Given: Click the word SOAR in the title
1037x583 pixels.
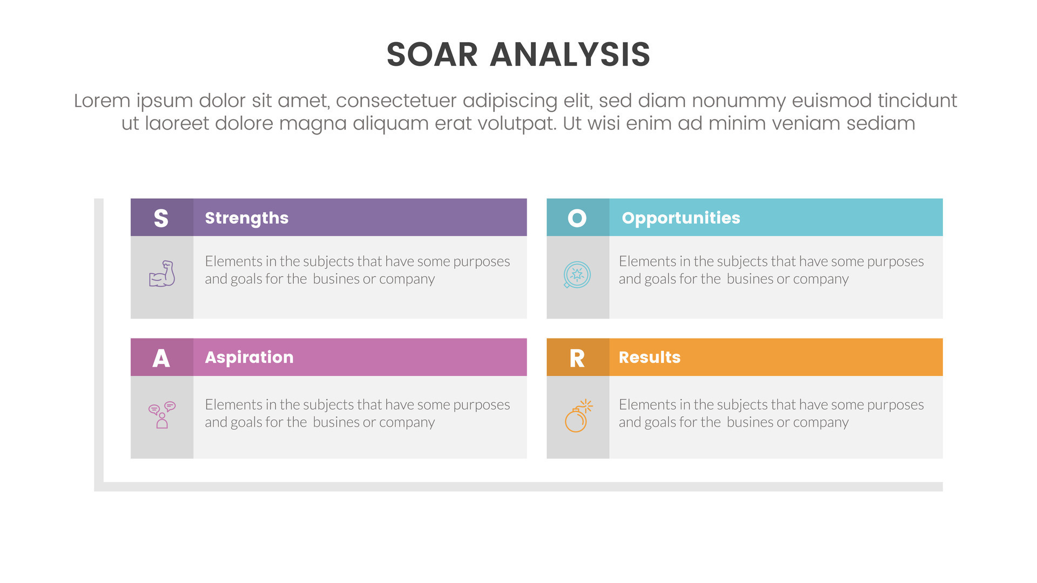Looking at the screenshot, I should click(432, 55).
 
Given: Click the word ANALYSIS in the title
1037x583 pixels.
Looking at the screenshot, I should click(570, 55).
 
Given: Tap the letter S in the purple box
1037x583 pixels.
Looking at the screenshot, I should click(161, 218).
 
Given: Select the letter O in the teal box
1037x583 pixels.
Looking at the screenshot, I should click(577, 218).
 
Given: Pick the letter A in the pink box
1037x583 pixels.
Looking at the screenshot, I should click(161, 358).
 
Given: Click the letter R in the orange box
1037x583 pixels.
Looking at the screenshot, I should click(577, 358).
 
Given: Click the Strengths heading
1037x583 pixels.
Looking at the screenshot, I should click(246, 218).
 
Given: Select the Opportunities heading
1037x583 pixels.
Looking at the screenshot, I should click(681, 218).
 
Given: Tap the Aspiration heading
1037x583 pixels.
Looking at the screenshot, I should click(249, 357).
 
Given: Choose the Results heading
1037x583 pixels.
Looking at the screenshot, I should click(649, 357).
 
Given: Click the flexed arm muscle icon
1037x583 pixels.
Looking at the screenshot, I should click(162, 274).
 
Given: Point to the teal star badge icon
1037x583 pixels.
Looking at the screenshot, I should click(577, 275).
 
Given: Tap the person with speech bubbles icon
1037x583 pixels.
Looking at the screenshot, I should click(162, 415).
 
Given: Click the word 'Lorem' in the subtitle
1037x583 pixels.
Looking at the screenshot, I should click(102, 101).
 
